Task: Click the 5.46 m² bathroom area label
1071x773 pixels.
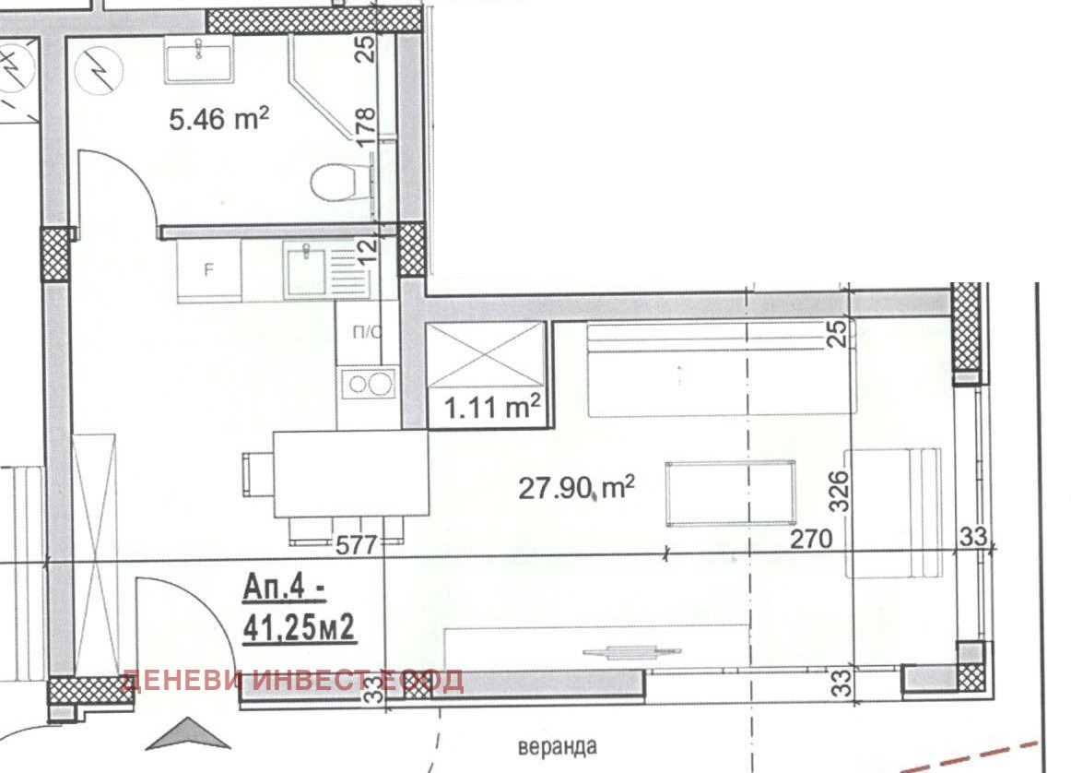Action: click(218, 119)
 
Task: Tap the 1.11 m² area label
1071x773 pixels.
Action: click(492, 408)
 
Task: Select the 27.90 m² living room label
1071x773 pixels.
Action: click(576, 488)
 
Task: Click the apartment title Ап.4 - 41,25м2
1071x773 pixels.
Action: click(300, 610)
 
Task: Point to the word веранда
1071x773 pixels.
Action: click(558, 746)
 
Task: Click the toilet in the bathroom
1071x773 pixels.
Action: click(337, 182)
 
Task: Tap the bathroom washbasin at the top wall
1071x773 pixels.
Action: click(199, 59)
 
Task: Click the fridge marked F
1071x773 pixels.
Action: click(208, 270)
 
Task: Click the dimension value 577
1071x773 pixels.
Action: click(357, 545)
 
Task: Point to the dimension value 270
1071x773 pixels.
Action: click(811, 539)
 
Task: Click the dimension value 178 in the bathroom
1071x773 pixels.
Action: click(365, 127)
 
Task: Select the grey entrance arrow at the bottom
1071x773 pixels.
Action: click(189, 734)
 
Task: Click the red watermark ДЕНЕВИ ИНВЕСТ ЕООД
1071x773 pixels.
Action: click(292, 681)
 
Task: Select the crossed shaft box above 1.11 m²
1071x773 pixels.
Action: click(485, 355)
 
